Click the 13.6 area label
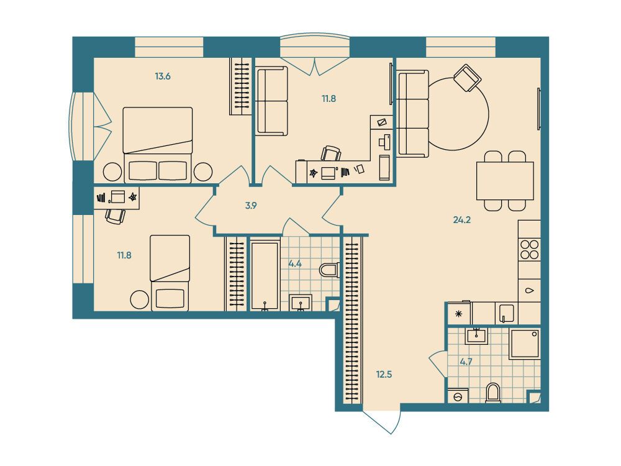[x=162, y=76]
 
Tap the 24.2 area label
[x=462, y=220]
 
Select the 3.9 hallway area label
[x=251, y=206]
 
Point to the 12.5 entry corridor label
[x=384, y=374]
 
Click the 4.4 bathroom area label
[x=296, y=263]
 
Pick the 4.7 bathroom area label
[x=466, y=362]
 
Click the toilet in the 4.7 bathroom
[x=493, y=393]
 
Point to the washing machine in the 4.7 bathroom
[x=458, y=396]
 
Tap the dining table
[x=505, y=181]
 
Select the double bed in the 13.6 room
[x=158, y=145]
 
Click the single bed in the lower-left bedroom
[x=170, y=273]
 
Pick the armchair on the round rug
[x=467, y=78]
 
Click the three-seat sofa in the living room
[x=413, y=114]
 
